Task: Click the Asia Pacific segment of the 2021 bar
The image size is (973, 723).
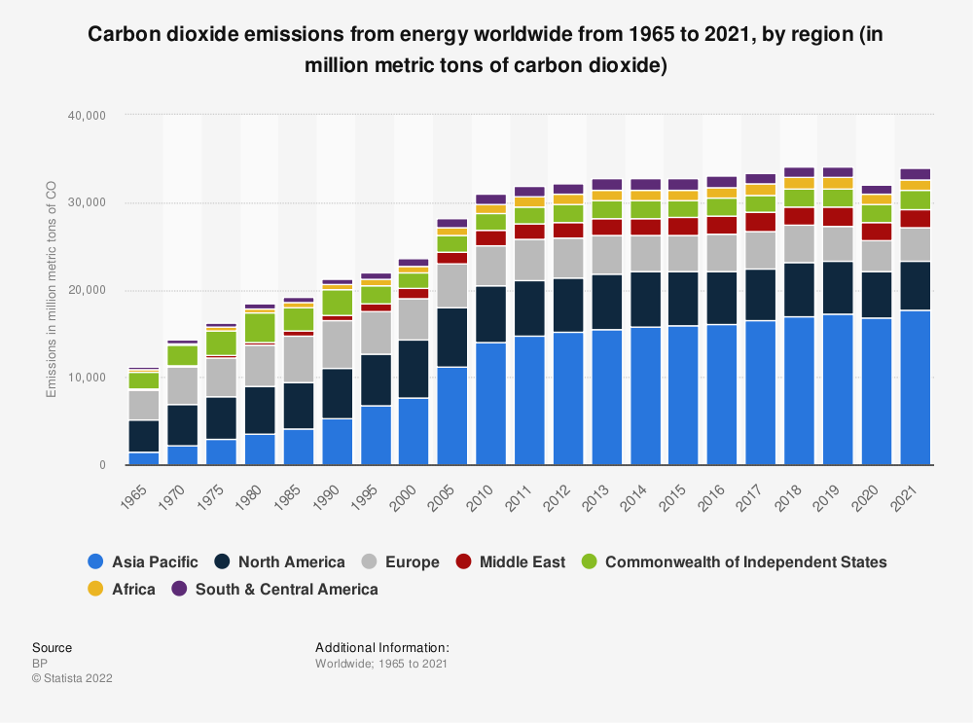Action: pyautogui.click(x=915, y=387)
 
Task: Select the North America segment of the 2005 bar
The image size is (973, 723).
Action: pyautogui.click(x=452, y=337)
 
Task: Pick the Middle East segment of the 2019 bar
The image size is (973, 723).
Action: pyautogui.click(x=838, y=216)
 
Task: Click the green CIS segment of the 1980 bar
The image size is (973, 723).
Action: pyautogui.click(x=260, y=327)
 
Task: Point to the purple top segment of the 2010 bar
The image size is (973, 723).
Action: pyautogui.click(x=490, y=199)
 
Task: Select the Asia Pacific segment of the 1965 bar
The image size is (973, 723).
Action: pyautogui.click(x=144, y=458)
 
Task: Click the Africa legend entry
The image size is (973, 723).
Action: pyautogui.click(x=133, y=589)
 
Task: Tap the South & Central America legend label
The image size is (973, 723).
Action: pyautogui.click(x=286, y=589)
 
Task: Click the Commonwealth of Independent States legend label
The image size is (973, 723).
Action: pyautogui.click(x=745, y=561)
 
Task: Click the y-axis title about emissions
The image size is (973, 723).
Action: pyautogui.click(x=53, y=290)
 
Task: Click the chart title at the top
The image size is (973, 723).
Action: pyautogui.click(x=486, y=51)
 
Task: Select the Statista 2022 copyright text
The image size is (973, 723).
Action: pyautogui.click(x=72, y=678)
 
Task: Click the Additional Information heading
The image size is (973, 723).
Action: pyautogui.click(x=381, y=647)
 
